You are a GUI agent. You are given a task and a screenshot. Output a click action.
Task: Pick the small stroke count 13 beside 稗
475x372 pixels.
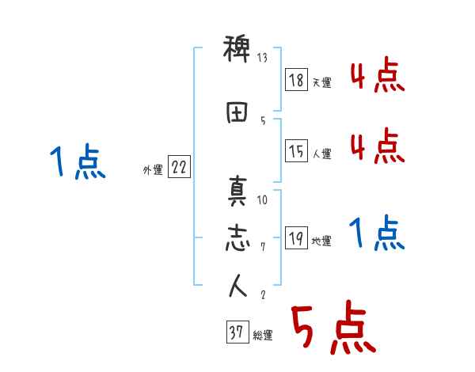[263, 58]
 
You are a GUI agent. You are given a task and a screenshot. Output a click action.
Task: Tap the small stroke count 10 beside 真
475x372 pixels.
[263, 200]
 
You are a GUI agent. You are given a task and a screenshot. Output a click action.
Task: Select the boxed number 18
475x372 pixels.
[297, 80]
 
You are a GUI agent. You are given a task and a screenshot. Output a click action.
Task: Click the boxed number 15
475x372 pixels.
[297, 150]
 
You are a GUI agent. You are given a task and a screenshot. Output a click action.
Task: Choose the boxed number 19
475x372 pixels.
[297, 238]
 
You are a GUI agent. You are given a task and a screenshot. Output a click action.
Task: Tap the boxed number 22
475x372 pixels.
[179, 168]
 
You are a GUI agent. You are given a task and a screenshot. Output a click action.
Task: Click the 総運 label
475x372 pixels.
[263, 336]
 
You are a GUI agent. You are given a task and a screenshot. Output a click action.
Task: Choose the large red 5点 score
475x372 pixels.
[332, 329]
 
